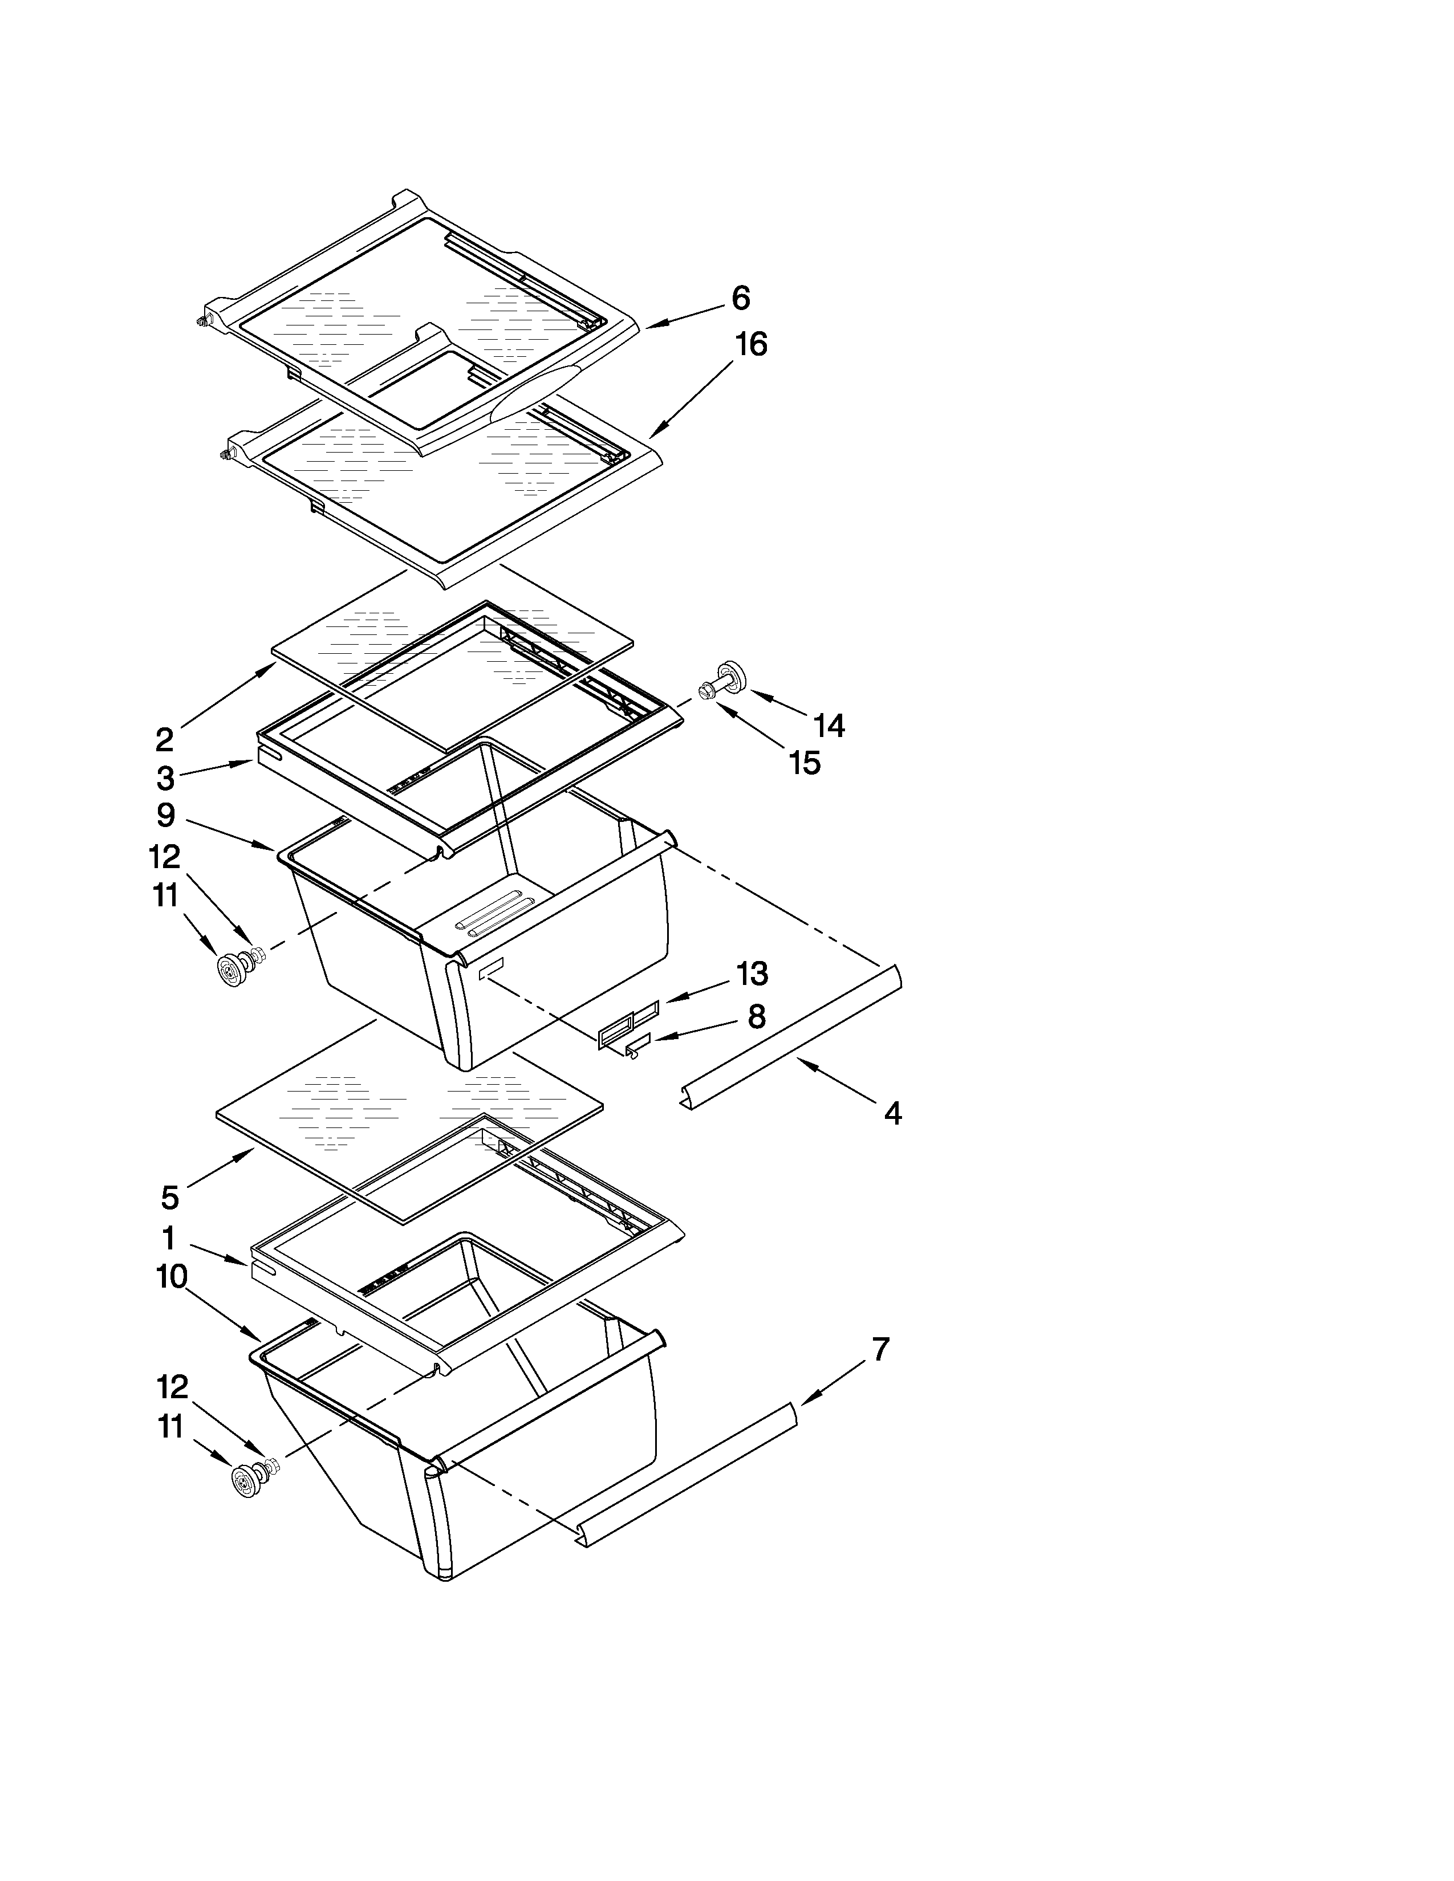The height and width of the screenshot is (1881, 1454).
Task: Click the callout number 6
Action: coord(741,298)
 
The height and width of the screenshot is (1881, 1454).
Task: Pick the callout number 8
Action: coord(756,1017)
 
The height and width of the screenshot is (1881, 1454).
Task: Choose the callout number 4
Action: coord(892,1114)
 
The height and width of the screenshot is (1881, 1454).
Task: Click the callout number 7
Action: coord(879,1350)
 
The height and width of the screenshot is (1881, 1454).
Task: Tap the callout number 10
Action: coord(172,1276)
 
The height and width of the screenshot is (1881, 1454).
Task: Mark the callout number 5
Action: coord(170,1197)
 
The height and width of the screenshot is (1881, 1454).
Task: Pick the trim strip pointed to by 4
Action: coord(793,1036)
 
